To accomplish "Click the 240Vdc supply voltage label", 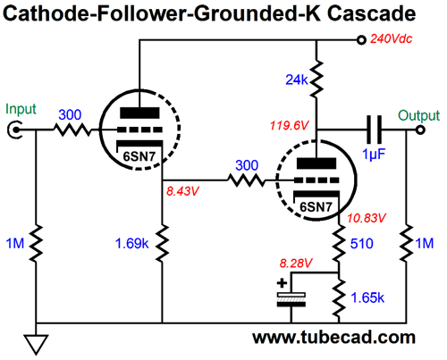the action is click(x=391, y=38).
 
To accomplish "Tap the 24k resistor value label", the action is click(x=297, y=80).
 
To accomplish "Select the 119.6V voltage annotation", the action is click(x=289, y=125).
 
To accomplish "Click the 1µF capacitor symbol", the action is click(x=374, y=130).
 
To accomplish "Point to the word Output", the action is click(x=418, y=116).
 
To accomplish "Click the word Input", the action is click(x=21, y=109).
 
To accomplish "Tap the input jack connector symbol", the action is click(x=14, y=130).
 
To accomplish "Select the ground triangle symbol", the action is click(x=36, y=345).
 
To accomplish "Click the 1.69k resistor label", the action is click(x=131, y=244).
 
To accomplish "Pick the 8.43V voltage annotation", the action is click(x=182, y=191).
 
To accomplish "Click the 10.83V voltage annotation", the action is click(x=367, y=218).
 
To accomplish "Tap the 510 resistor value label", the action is click(x=361, y=244).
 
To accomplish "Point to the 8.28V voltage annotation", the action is click(x=296, y=264).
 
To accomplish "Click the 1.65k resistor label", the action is click(x=367, y=297).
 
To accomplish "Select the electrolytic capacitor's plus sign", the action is click(x=282, y=283).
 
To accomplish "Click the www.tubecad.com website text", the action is click(x=333, y=338).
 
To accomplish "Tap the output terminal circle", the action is click(x=420, y=130).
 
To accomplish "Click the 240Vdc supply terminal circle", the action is click(x=361, y=39).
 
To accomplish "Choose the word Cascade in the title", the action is click(x=371, y=13).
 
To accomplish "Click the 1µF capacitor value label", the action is click(x=374, y=155).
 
